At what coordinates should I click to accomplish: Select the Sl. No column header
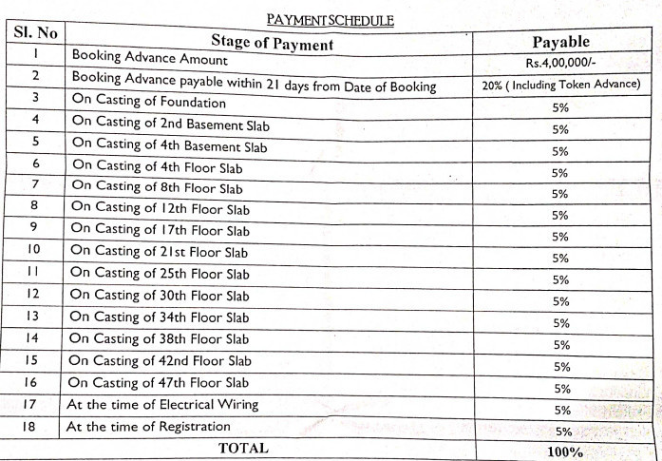(35, 33)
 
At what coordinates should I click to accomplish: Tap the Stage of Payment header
(271, 44)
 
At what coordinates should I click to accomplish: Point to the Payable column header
(561, 42)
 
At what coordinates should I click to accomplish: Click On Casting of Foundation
(148, 102)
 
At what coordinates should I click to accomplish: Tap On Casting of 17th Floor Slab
(161, 231)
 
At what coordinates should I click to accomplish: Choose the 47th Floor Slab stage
(160, 382)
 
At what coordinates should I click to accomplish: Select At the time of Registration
(148, 427)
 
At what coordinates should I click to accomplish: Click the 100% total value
(564, 452)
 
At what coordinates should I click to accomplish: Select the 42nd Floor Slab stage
(161, 360)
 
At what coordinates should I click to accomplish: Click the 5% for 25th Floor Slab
(560, 279)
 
